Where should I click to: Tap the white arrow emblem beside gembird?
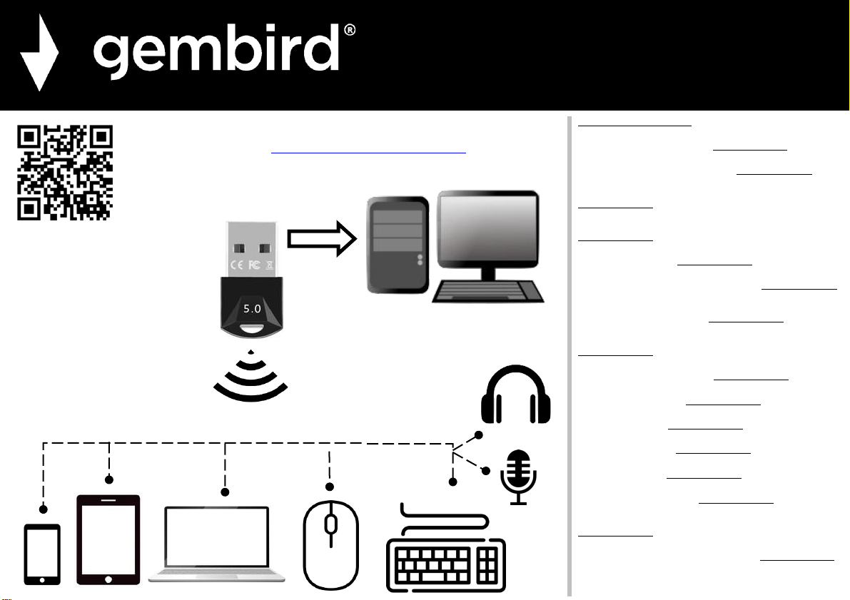(39, 53)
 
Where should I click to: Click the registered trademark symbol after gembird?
(350, 30)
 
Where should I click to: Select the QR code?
(64, 173)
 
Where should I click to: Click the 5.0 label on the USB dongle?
(252, 309)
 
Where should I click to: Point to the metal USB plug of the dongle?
(251, 249)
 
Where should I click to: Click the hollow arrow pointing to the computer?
(322, 238)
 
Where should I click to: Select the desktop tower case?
(398, 245)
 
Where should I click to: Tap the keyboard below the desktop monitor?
(488, 291)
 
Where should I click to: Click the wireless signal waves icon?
(251, 377)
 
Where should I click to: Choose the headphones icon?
(515, 394)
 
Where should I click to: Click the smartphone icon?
(42, 554)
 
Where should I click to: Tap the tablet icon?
(108, 540)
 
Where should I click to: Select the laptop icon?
(217, 544)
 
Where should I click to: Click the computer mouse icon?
(330, 545)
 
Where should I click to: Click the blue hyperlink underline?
(369, 153)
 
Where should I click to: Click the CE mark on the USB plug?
(237, 265)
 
